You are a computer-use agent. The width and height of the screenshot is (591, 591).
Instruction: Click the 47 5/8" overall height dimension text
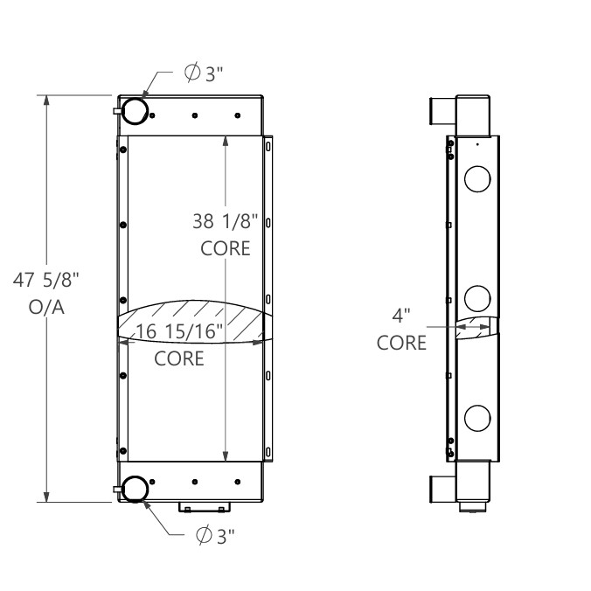(52, 281)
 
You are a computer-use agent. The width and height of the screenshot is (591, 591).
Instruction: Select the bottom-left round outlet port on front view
(135, 489)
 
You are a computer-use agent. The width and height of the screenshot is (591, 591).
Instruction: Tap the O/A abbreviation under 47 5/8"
(52, 308)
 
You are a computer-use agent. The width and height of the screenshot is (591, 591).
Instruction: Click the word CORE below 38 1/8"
(226, 248)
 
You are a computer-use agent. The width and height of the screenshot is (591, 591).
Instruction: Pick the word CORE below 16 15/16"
(179, 358)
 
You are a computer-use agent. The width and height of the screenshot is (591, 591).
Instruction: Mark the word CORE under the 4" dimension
(402, 342)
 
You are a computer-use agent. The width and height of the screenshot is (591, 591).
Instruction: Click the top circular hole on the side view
(477, 179)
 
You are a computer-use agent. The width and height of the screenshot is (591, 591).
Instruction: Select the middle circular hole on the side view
(477, 298)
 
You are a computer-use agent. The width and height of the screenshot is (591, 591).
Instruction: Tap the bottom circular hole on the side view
(477, 417)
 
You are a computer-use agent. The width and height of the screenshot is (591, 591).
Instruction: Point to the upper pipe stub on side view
(442, 115)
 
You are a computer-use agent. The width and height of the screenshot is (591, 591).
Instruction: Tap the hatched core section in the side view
(477, 328)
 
